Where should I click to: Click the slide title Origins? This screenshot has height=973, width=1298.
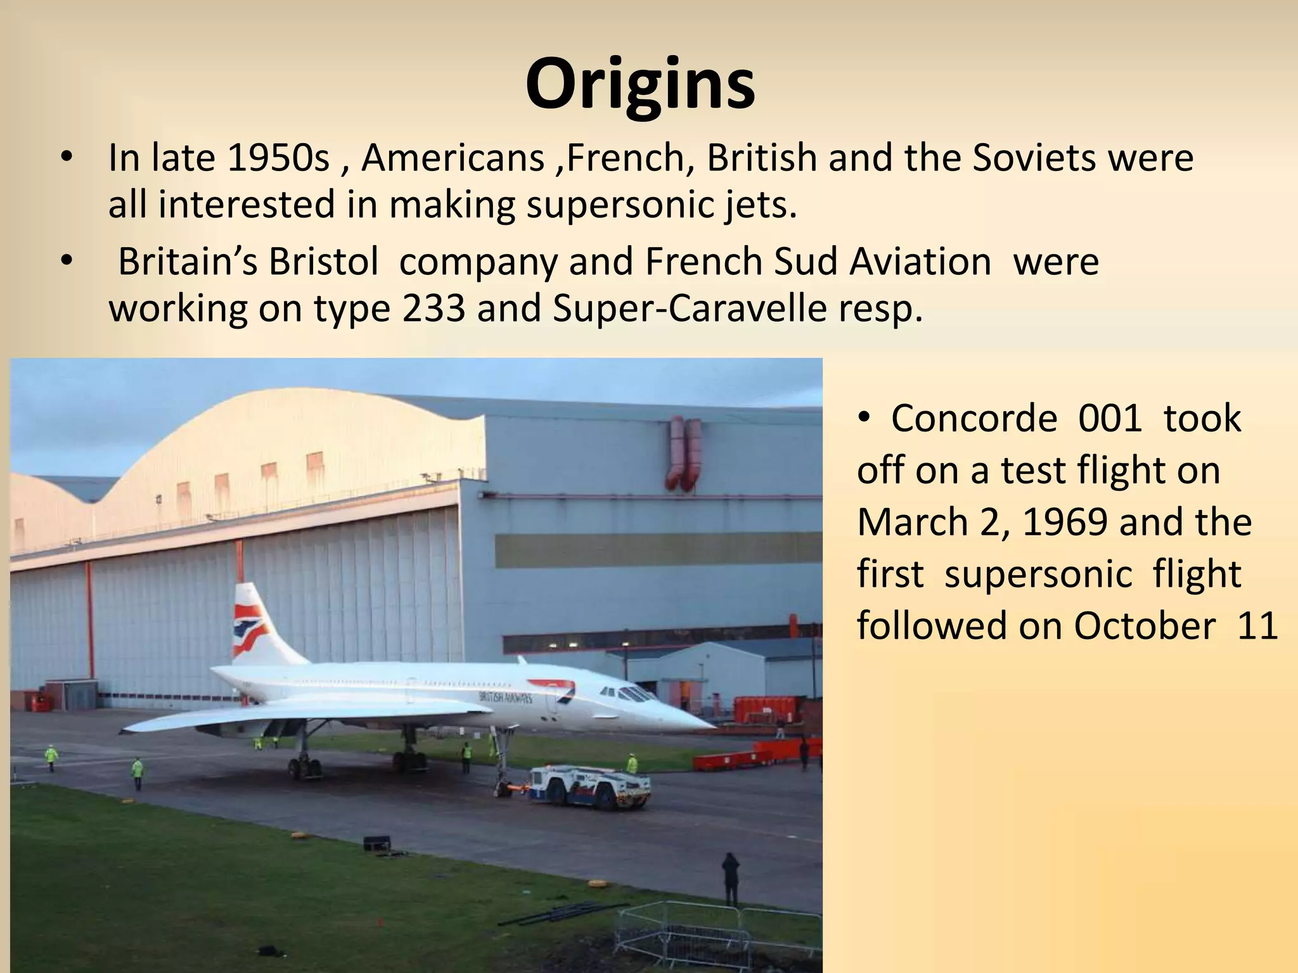[x=640, y=84]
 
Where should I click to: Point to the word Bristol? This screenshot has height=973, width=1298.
[x=323, y=261]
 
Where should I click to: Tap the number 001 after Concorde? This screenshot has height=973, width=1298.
[x=1110, y=419]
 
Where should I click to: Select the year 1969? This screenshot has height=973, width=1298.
[x=1065, y=523]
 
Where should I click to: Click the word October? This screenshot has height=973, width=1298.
[x=1144, y=626]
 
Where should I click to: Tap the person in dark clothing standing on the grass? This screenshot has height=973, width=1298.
[x=731, y=877]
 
